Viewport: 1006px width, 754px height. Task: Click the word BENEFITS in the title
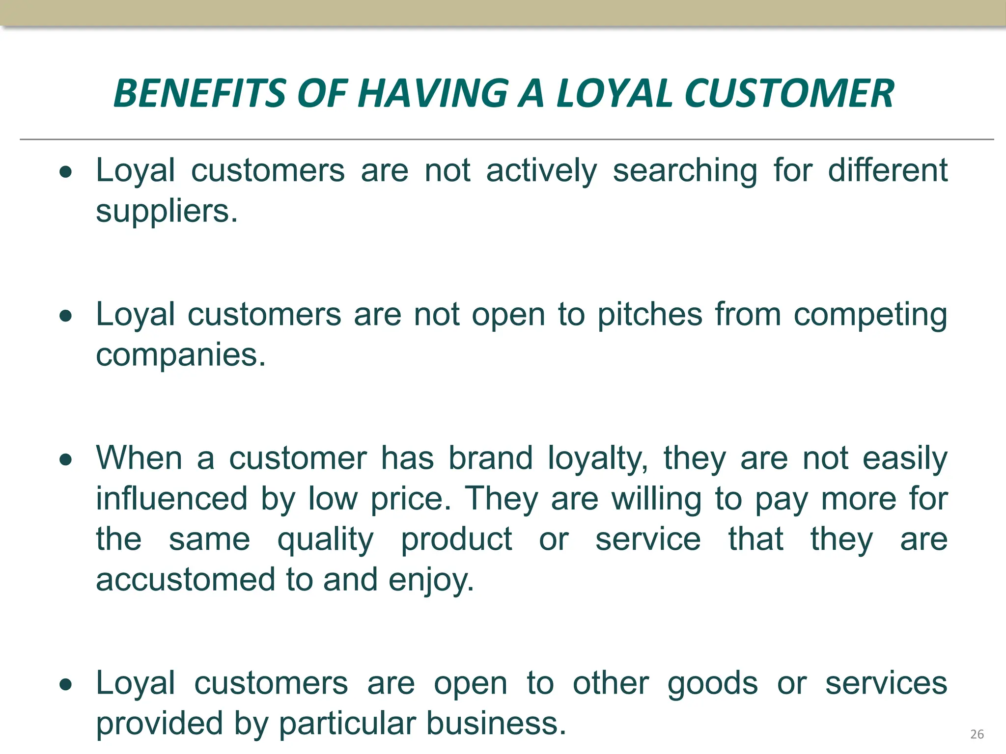click(x=199, y=93)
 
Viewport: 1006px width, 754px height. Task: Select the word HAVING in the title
click(x=433, y=93)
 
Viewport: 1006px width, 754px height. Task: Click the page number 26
click(x=977, y=734)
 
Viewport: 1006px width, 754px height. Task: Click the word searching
click(x=685, y=171)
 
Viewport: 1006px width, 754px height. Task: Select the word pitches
click(x=649, y=314)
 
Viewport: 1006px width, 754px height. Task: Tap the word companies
click(x=180, y=355)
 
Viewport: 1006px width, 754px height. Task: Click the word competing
click(x=870, y=315)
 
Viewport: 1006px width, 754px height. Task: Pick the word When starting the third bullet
click(x=139, y=458)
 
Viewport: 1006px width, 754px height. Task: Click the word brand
click(x=490, y=458)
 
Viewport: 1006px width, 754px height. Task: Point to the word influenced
click(x=171, y=499)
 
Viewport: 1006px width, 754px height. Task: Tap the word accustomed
click(x=186, y=580)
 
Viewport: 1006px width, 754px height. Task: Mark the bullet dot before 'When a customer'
click(x=66, y=460)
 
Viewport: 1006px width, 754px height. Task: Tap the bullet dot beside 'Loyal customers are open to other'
click(x=66, y=684)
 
